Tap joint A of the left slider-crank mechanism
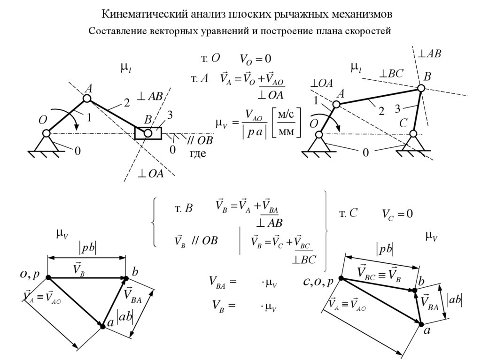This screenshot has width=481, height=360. (x=87, y=98)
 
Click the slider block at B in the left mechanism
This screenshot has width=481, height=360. (x=148, y=133)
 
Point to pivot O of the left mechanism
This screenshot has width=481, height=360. (x=46, y=133)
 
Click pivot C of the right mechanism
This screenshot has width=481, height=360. (x=413, y=134)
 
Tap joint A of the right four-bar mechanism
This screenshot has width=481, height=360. (x=336, y=104)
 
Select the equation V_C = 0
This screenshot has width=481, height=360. (x=397, y=214)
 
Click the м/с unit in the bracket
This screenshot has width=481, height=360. (x=287, y=115)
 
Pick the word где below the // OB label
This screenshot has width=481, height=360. (x=198, y=154)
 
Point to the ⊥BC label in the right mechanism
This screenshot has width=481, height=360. (x=392, y=74)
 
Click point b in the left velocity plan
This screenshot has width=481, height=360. (x=126, y=278)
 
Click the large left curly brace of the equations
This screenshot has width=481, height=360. (x=155, y=222)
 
